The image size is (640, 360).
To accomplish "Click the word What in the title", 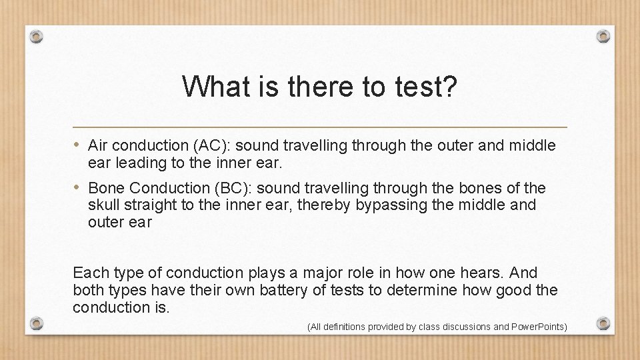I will pyautogui.click(x=211, y=86).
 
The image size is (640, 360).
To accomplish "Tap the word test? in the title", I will pyautogui.click(x=425, y=86).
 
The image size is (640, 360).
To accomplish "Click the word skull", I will pyautogui.click(x=104, y=205).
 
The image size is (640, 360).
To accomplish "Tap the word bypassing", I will pyautogui.click(x=391, y=205).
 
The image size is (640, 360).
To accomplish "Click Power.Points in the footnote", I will pyautogui.click(x=539, y=327).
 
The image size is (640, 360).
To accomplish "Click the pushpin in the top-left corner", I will pyautogui.click(x=37, y=35).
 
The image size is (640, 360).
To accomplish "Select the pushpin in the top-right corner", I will pyautogui.click(x=603, y=35).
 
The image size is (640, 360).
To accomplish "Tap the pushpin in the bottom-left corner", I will pyautogui.click(x=37, y=323).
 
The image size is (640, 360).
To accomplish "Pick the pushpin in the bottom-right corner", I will pyautogui.click(x=603, y=323).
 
